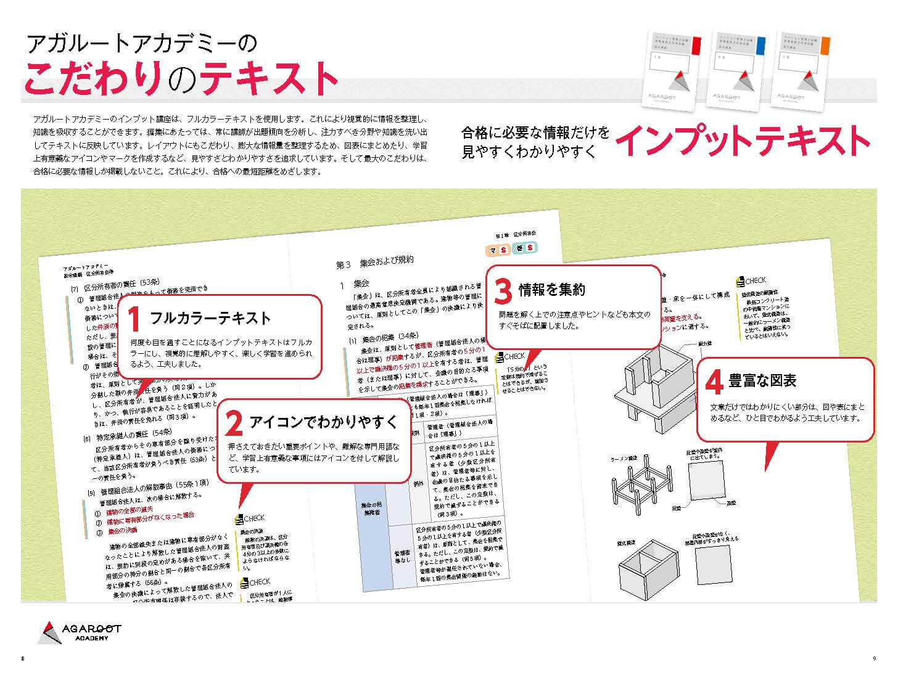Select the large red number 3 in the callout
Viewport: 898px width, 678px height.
(x=503, y=290)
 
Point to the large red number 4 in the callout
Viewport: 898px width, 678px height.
(x=714, y=382)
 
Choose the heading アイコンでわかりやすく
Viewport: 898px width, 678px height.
(x=323, y=422)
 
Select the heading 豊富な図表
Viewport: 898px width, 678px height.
(x=762, y=381)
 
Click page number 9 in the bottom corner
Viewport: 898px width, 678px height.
(x=874, y=659)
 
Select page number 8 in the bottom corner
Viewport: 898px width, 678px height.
(x=23, y=659)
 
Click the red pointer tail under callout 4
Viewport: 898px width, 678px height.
(x=770, y=456)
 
